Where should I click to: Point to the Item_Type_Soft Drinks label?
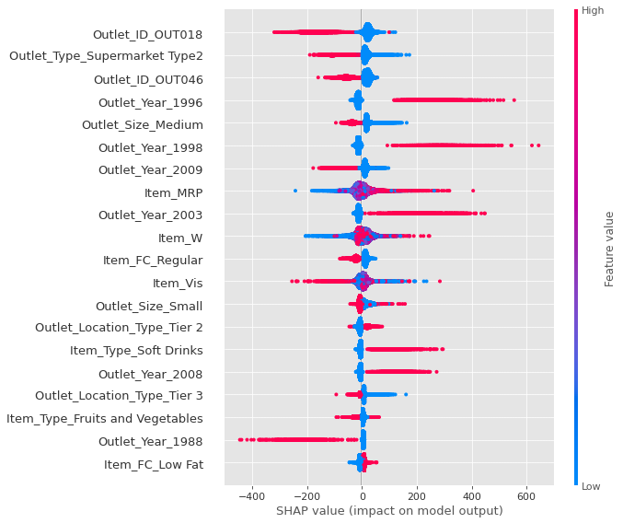[x=136, y=351]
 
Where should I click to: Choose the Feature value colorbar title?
[x=608, y=248]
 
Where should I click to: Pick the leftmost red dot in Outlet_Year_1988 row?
[x=240, y=439]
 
